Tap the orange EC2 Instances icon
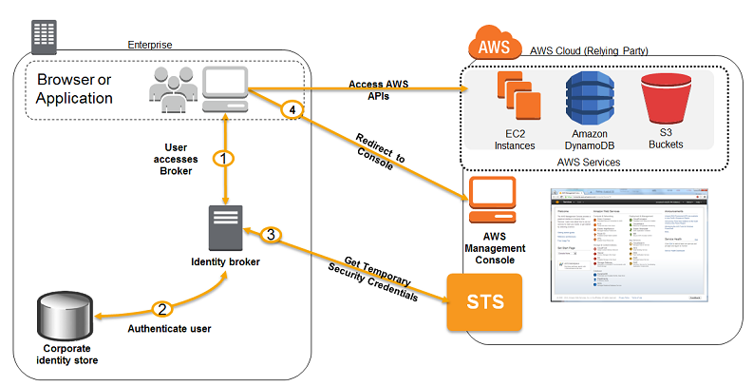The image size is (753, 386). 515,103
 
